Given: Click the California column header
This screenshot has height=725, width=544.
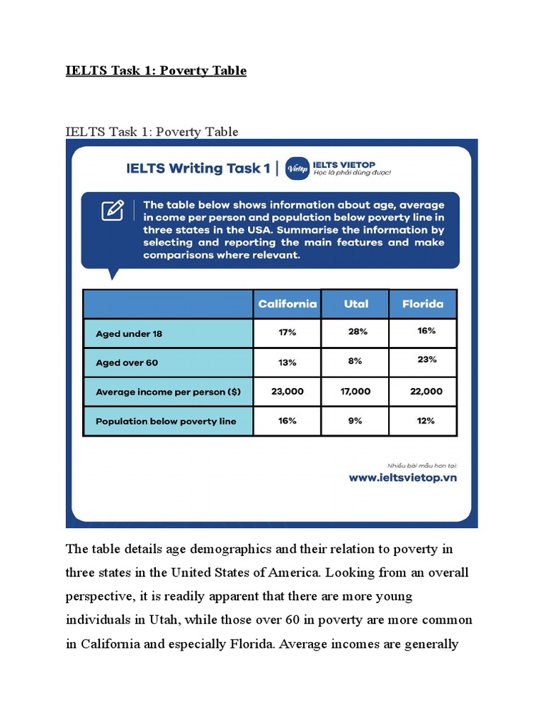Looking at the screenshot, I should pos(287,304).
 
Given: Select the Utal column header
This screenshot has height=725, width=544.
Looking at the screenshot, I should pos(355,304).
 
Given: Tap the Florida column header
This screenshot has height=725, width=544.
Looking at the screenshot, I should pos(423,304).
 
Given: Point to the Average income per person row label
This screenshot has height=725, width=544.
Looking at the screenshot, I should pos(168,392).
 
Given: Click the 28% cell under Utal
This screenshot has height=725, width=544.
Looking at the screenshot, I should pos(355,331).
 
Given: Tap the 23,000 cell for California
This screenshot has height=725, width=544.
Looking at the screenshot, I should pos(287,391).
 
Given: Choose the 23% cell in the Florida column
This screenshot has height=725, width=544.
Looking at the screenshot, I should pos(426,360).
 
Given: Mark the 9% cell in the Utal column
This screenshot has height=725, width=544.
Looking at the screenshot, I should pos(355,421).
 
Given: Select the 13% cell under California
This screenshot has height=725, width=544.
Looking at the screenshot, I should pos(287,362).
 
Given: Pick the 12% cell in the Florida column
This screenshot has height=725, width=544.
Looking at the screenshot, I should pos(426,421).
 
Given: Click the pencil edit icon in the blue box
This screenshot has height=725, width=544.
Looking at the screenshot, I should pos(112,210).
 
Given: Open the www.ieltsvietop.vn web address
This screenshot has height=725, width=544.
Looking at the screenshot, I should pos(402,477).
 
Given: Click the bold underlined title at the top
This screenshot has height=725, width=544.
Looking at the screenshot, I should pos(156,71).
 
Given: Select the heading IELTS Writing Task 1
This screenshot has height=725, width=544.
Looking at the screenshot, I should pos(198,169).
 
